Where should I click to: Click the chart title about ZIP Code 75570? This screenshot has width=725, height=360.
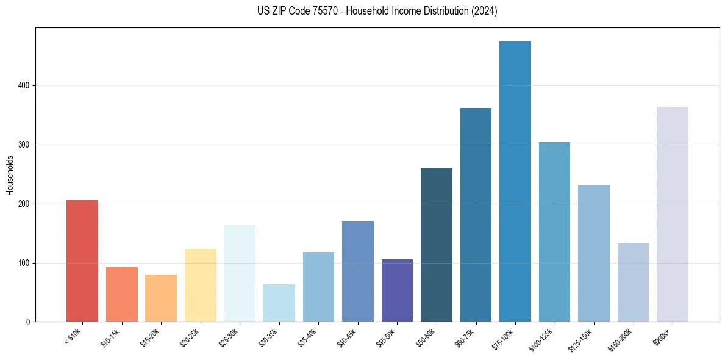pos(362,11)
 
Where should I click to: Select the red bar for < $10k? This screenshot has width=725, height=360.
pos(82,261)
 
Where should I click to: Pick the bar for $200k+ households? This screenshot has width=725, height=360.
pos(673,214)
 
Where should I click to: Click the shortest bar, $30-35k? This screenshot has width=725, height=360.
pos(279,303)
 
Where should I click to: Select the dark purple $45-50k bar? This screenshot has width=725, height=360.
pos(397,290)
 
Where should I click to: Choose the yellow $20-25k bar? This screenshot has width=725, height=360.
pos(201,285)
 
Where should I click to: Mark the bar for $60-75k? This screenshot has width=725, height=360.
pos(476,215)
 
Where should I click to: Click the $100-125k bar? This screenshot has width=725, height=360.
pos(554,232)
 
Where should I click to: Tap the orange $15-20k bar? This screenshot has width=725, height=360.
pos(161,298)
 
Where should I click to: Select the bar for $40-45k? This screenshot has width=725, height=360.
pos(358,272)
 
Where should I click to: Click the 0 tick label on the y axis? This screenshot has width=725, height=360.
pos(28,322)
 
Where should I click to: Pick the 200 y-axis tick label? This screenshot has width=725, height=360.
pos(24,204)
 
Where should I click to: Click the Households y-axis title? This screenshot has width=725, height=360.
pos(10,175)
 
